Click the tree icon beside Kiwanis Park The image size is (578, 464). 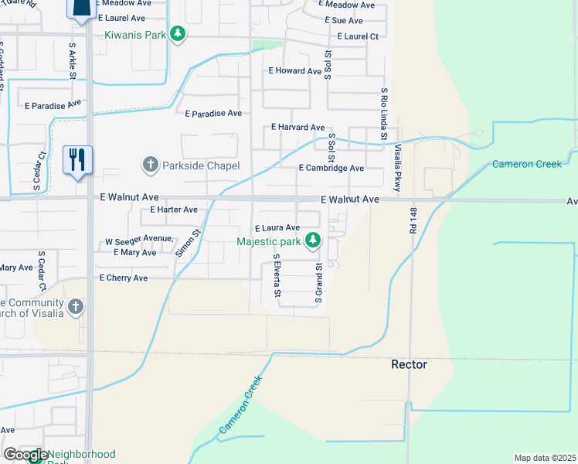(x=178, y=34)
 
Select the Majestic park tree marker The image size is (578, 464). (x=313, y=241)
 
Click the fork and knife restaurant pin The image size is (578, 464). (x=78, y=160)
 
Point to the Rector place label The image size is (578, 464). (x=409, y=364)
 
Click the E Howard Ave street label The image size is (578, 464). (x=294, y=71)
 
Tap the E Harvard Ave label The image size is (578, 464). (x=298, y=127)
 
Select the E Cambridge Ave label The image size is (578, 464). (x=331, y=168)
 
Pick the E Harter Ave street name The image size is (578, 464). (x=174, y=210)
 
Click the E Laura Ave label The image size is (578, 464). (x=277, y=228)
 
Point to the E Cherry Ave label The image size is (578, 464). (x=124, y=278)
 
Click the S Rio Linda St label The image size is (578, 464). (x=383, y=114)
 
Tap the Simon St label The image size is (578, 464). (x=188, y=242)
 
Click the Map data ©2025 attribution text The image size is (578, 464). (x=546, y=458)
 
